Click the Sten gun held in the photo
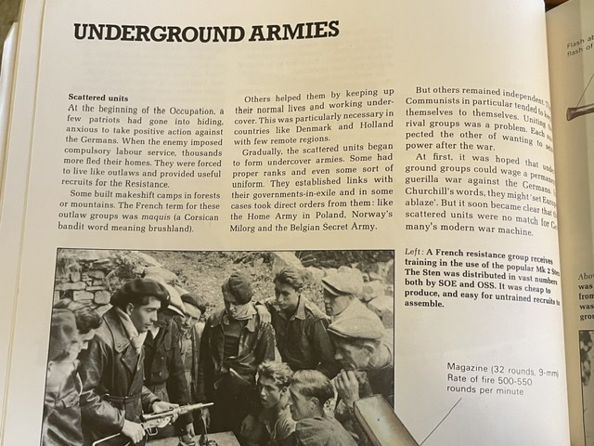point(176,413)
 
